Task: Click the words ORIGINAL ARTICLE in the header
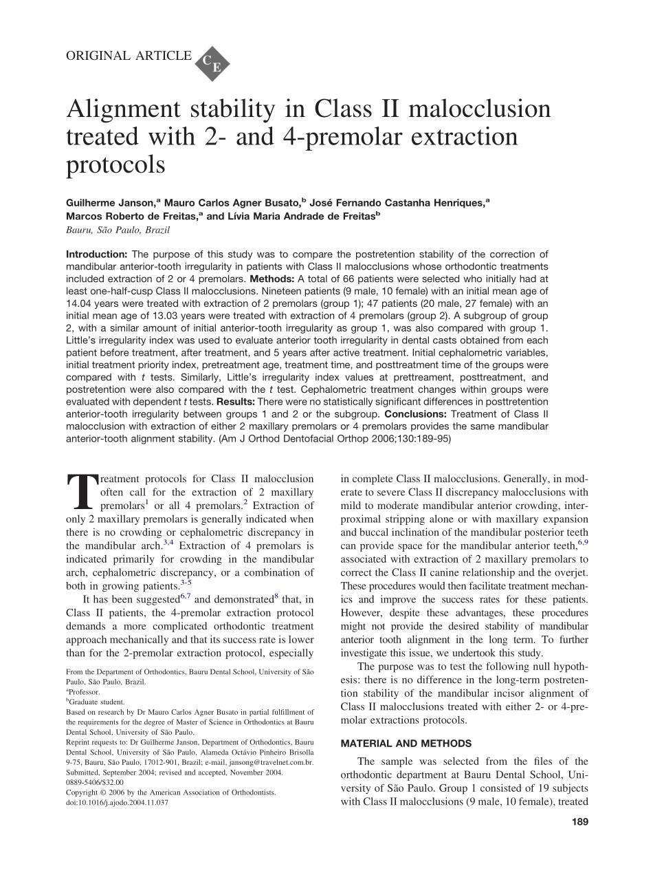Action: pos(129,56)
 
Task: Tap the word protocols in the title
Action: pos(115,165)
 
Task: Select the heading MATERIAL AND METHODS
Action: pos(406,744)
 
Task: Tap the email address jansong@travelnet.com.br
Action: pos(273,763)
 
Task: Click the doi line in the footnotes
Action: pos(117,802)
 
